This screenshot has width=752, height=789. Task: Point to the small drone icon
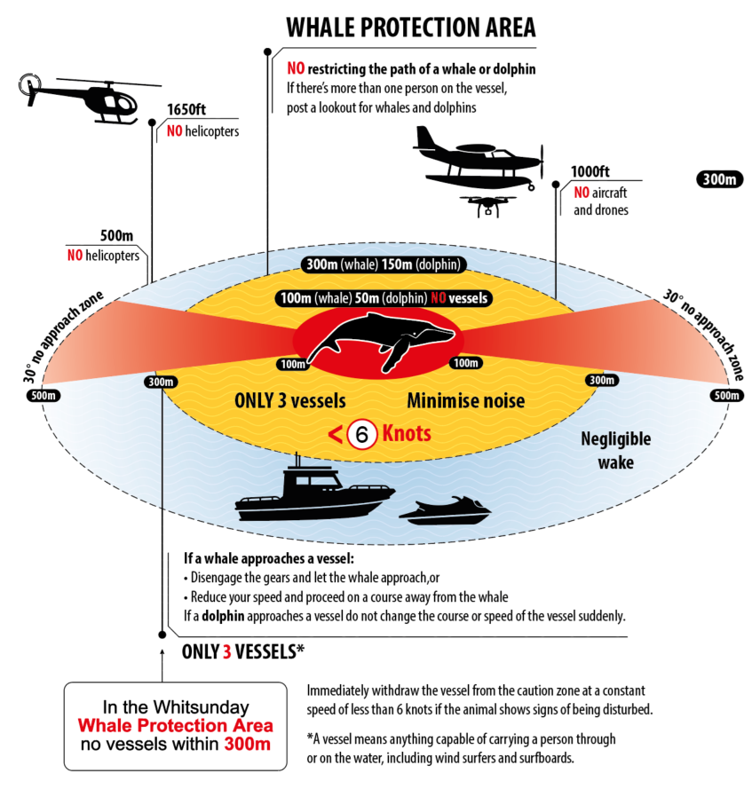coord(487,207)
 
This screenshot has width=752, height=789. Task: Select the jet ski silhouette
coord(445,511)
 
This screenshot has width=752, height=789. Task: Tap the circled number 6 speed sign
coord(362,434)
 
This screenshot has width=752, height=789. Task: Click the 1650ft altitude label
coord(186,112)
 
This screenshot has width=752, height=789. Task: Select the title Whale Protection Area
coord(411,27)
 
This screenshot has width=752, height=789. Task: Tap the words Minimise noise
coord(465,401)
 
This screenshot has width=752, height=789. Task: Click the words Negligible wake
coord(616,450)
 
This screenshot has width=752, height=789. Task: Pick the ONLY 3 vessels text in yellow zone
coord(289,401)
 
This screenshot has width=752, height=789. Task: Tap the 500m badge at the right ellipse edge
coord(726,395)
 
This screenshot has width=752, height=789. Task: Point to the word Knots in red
coord(407,434)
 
